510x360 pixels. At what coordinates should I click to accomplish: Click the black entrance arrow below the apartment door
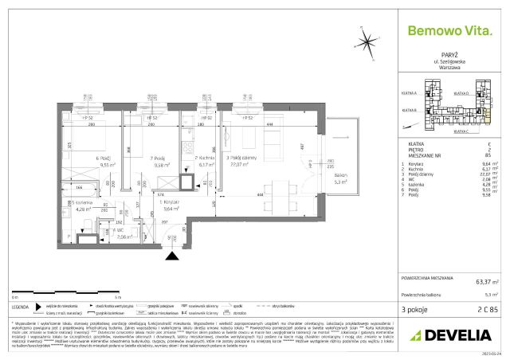pos(171,256)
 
